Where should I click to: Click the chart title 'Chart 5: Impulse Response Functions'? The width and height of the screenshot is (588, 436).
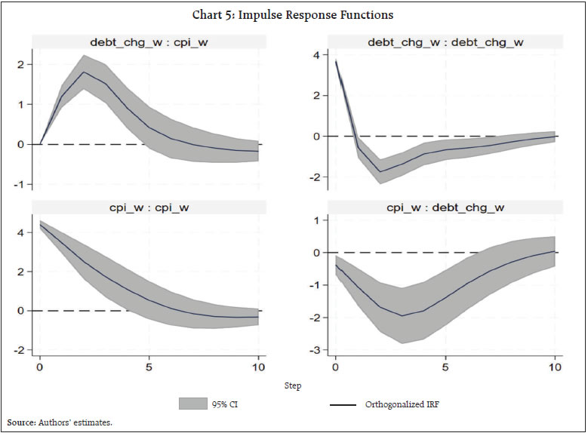point(294,15)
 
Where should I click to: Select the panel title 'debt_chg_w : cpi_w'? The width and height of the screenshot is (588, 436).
point(148,42)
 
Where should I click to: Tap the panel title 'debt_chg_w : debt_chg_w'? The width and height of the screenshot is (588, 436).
point(445,42)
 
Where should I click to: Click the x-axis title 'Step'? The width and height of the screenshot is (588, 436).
point(293,385)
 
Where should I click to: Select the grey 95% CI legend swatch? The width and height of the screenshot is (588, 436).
point(193,404)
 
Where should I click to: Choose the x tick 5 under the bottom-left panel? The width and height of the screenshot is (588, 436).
point(149,367)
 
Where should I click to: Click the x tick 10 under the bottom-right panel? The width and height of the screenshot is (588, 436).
point(555,367)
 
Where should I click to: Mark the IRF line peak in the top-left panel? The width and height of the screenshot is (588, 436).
point(84,72)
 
